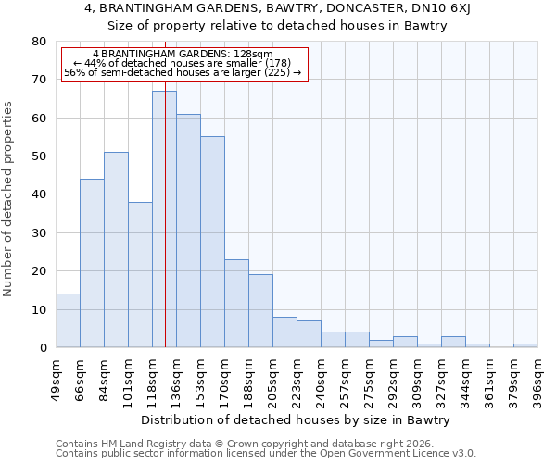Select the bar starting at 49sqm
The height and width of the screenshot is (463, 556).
pyautogui.click(x=68, y=320)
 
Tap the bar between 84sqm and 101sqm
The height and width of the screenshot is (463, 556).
pyautogui.click(x=116, y=250)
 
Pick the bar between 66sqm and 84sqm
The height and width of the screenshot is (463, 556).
pyautogui.click(x=92, y=263)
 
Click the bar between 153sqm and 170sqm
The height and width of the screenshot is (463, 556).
pyautogui.click(x=212, y=242)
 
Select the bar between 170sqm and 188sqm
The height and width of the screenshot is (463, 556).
pyautogui.click(x=236, y=304)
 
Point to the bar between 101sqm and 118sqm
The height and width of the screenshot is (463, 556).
pyautogui.click(x=140, y=275)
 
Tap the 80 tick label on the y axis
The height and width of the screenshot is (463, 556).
pyautogui.click(x=38, y=42)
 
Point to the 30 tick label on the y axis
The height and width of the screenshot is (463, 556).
pyautogui.click(x=38, y=233)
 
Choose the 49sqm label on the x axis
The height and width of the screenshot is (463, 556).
pyautogui.click(x=56, y=375)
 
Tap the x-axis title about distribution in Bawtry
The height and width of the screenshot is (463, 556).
pyautogui.click(x=297, y=419)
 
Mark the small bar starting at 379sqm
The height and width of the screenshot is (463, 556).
pyautogui.click(x=525, y=345)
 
